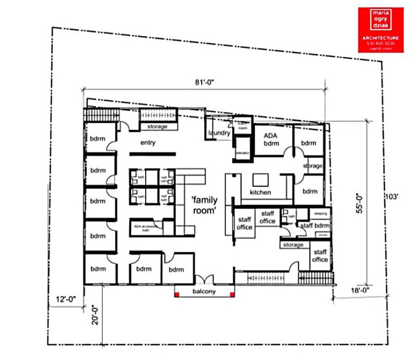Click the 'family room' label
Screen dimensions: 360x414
204,205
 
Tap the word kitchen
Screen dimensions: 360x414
260,192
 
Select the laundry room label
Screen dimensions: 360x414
219,133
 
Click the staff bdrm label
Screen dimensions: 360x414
315,226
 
